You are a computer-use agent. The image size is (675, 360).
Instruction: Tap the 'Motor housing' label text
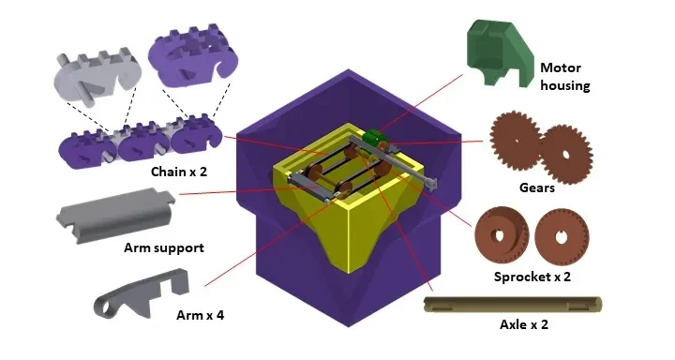point(564,77)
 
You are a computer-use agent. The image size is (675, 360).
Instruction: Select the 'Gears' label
point(537,187)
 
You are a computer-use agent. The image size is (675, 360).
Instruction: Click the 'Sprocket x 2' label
point(532,277)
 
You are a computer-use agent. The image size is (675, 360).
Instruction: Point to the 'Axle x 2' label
point(524,324)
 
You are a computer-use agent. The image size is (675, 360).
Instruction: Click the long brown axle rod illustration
point(513,305)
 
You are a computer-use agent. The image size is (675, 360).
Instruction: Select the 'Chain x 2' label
point(179,172)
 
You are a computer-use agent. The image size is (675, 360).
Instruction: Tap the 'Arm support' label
point(163,248)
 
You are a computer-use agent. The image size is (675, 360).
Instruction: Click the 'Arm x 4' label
point(201,315)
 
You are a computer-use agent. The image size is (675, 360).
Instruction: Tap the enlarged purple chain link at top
point(192,56)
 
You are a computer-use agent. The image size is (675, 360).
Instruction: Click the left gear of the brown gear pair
point(516,136)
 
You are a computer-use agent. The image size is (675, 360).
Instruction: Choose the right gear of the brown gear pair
point(565,154)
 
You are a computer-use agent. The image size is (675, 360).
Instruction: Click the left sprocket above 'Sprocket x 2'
point(502,236)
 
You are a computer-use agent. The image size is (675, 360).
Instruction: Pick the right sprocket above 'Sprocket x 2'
point(562,237)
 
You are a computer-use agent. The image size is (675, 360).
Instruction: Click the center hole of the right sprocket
point(560,236)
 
